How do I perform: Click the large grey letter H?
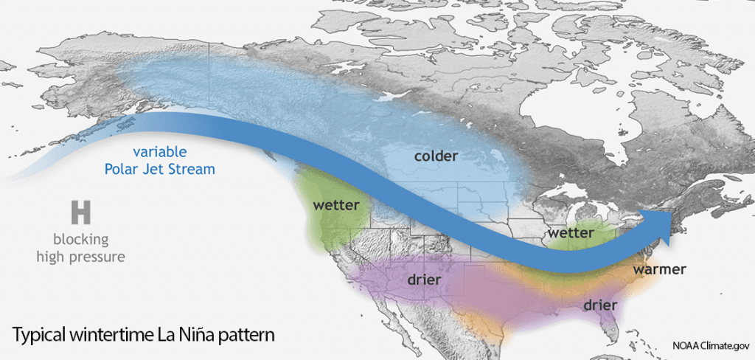(x=80, y=212)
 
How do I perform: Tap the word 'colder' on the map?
(x=436, y=156)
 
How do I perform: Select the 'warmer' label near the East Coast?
(x=659, y=269)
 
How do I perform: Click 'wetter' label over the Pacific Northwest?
(x=335, y=204)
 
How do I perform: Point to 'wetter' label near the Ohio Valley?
(x=570, y=232)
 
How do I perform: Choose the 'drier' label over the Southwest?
(x=424, y=280)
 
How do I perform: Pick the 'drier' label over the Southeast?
(x=600, y=305)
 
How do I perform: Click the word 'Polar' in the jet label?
(x=122, y=169)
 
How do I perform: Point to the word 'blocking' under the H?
(x=80, y=240)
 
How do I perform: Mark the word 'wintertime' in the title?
(x=116, y=334)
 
